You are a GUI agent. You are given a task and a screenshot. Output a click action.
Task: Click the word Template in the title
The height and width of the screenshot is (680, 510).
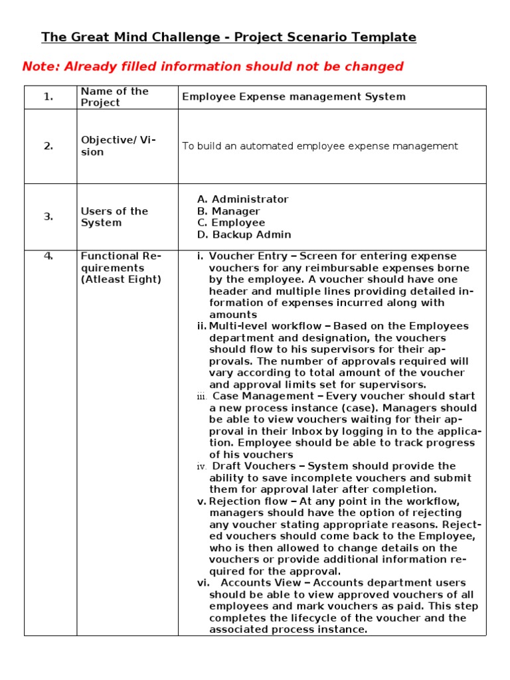pos(383,37)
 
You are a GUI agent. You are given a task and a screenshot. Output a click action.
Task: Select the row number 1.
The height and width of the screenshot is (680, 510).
pos(48,97)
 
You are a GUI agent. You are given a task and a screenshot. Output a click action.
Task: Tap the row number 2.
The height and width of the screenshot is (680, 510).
pos(48,147)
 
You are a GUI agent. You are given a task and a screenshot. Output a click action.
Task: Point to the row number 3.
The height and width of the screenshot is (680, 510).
pos(48,216)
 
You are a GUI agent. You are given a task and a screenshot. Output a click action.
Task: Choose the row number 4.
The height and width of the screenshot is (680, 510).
pos(48,256)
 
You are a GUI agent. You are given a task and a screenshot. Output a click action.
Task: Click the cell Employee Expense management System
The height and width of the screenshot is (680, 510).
pos(294,97)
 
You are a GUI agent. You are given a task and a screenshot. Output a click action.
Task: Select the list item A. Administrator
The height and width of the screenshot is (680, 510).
pos(242,199)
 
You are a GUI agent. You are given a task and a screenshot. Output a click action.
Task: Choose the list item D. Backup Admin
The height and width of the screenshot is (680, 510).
pos(244,235)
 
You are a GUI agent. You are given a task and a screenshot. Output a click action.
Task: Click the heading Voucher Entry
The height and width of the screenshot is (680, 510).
pos(248,256)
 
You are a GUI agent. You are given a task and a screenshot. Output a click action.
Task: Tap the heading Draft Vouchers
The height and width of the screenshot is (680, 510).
pos(254,466)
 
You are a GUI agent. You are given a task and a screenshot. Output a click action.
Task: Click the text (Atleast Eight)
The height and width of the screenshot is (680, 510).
pos(120,280)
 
